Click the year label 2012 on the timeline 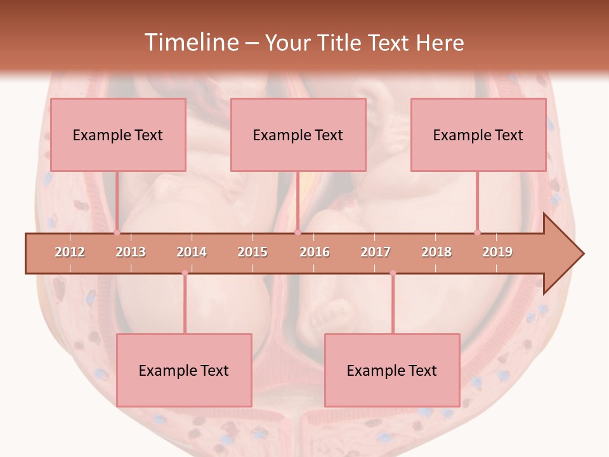[x=70, y=252]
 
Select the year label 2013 [x=131, y=252]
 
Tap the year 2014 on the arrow [x=192, y=252]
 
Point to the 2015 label [x=252, y=252]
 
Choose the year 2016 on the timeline [x=315, y=252]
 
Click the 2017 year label [x=376, y=252]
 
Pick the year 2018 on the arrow [x=436, y=252]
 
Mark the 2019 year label [x=497, y=252]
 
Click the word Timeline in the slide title [x=190, y=43]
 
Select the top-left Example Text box [x=118, y=135]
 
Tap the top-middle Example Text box [x=298, y=135]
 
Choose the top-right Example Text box [x=478, y=135]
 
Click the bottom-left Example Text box [x=184, y=370]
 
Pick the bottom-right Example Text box [x=392, y=370]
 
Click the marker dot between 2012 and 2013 [x=117, y=233]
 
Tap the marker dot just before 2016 [x=298, y=233]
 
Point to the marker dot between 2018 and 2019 [x=477, y=232]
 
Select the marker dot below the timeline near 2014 [x=185, y=273]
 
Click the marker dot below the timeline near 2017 [x=393, y=273]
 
